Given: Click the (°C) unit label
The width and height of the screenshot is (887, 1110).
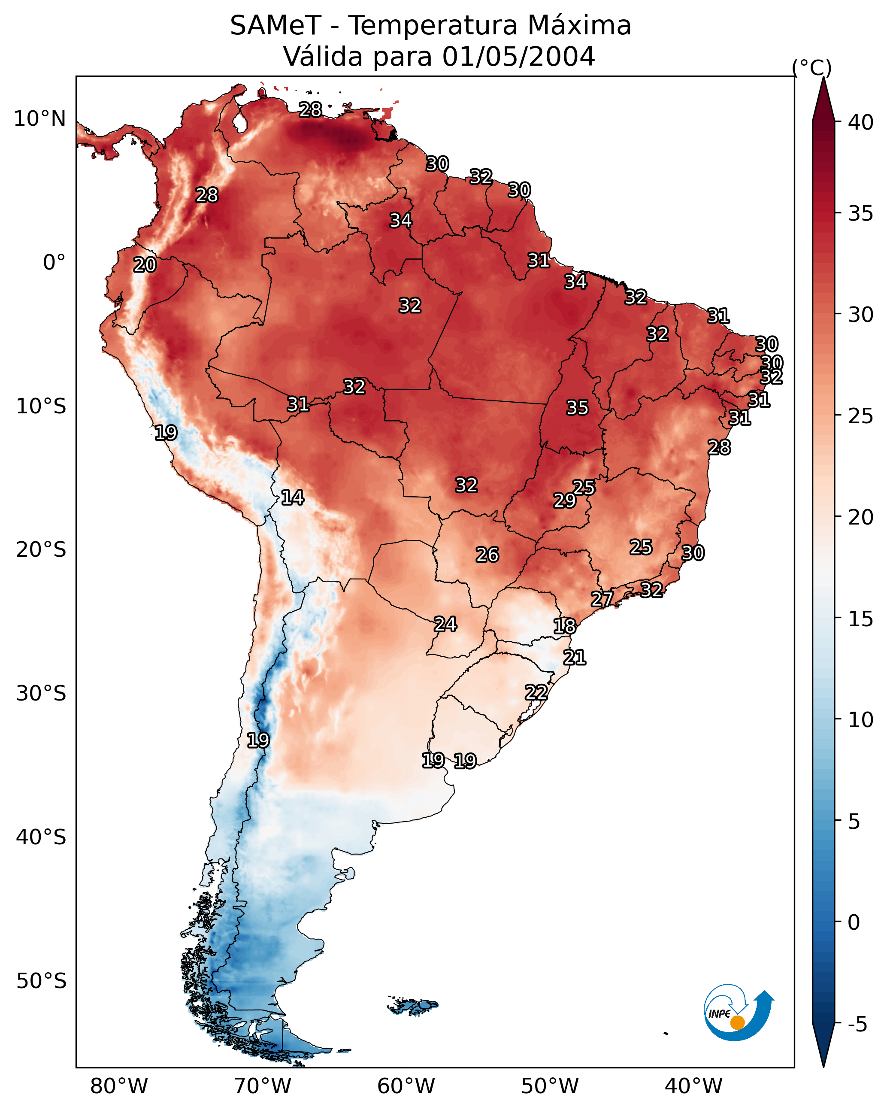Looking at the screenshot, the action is point(812,67).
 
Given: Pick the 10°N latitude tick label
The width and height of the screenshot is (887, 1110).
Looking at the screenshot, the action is point(39,119).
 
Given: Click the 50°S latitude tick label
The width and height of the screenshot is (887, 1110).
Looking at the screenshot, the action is point(41,981).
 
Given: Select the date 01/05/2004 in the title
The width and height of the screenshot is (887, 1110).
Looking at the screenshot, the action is point(518,56).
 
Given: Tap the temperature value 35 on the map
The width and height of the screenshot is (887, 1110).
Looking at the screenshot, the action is point(577,408).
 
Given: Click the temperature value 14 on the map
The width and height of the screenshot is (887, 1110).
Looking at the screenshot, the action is point(292,497).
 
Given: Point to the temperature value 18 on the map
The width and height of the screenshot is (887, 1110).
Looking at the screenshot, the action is point(564,626).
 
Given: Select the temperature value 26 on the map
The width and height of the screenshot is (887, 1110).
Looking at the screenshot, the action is point(487,555).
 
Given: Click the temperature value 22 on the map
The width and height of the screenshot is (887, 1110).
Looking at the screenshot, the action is point(536,692).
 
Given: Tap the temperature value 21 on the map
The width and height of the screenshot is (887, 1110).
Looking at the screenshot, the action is point(574,658).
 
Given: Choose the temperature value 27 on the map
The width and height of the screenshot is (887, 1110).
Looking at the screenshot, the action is point(602,599).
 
